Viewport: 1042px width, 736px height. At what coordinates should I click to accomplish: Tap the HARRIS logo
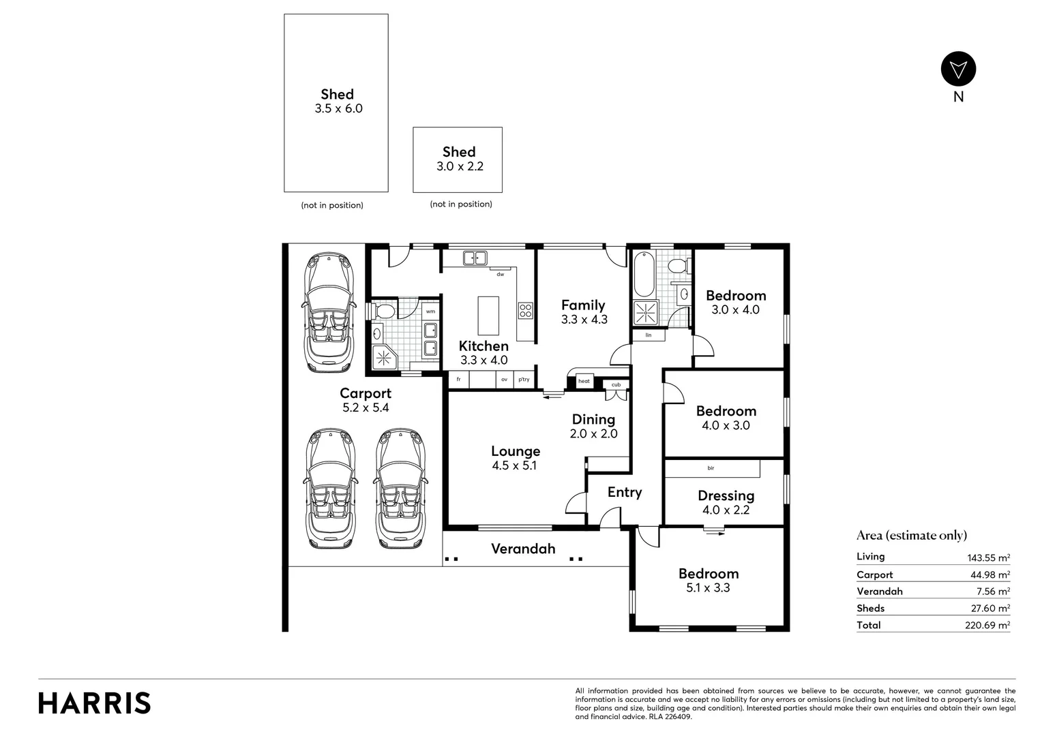click(94, 703)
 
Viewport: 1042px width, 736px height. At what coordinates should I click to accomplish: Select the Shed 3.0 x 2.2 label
click(459, 159)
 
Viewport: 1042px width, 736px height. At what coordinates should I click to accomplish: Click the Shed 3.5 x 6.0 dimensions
click(338, 108)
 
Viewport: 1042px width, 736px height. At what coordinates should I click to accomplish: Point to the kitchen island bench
click(488, 316)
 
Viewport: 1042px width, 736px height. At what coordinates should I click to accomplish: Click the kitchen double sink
click(475, 258)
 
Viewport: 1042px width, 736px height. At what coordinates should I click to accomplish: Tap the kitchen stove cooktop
click(526, 311)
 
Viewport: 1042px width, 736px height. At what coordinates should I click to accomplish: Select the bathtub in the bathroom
click(644, 275)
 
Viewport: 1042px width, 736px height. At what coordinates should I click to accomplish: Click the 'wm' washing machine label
click(430, 311)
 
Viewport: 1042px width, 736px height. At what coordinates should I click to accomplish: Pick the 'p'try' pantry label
click(524, 380)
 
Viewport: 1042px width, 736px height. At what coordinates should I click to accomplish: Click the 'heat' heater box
click(584, 381)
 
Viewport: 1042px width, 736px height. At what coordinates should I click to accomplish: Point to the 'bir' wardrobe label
click(711, 468)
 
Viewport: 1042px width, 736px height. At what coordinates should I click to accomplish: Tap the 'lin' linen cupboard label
click(649, 335)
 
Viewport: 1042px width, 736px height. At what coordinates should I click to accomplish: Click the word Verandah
click(523, 549)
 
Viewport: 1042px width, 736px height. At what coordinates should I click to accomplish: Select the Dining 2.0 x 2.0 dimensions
click(593, 434)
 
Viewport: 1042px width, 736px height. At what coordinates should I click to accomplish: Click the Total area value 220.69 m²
click(987, 626)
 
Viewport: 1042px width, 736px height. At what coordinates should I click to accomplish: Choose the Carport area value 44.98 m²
click(990, 575)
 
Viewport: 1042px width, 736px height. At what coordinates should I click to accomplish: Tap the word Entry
click(624, 493)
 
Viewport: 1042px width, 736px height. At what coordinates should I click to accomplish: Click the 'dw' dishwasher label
click(500, 275)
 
